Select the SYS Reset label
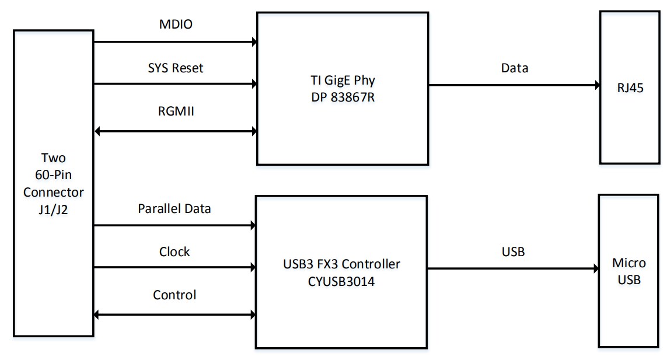click(175, 68)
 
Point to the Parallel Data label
click(174, 208)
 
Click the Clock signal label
click(174, 252)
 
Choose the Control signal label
click(174, 295)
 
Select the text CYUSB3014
click(341, 281)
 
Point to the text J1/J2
click(54, 208)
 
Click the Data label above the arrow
click(514, 68)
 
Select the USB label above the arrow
click(513, 252)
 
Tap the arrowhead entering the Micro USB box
click(595, 269)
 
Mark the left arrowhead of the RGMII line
click(98, 131)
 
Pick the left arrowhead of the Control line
click(98, 315)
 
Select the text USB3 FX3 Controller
click(341, 264)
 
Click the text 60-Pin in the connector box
click(54, 175)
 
